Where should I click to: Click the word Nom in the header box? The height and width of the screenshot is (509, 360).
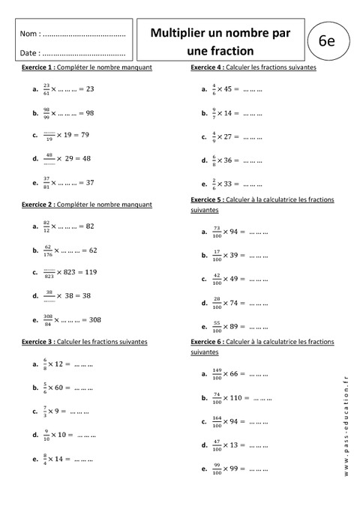[28, 34]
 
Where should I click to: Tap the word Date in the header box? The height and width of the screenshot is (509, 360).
[28, 53]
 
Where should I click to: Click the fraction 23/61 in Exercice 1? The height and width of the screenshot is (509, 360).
[47, 88]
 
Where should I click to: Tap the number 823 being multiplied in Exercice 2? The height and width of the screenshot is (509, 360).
[76, 272]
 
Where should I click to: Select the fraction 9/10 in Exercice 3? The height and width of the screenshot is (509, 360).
[47, 434]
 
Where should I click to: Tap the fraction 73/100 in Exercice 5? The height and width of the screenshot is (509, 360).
[216, 232]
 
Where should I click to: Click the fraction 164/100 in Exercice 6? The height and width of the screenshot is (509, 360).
[217, 421]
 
